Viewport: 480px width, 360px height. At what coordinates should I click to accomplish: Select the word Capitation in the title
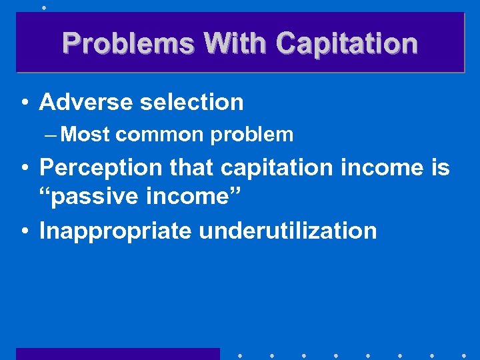347,43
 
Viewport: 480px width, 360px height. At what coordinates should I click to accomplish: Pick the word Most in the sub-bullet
85,135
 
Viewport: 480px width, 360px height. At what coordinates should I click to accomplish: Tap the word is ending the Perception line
439,168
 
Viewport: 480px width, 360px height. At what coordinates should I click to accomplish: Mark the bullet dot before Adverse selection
24,103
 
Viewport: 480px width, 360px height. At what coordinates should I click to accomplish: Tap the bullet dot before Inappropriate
24,232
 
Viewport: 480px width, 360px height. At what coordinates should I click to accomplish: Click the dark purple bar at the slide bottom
117,353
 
